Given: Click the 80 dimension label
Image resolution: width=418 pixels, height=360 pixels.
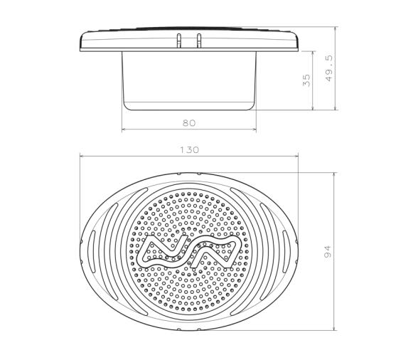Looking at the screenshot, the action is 189,123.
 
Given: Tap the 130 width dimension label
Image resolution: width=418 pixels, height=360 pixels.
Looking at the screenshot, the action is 190,150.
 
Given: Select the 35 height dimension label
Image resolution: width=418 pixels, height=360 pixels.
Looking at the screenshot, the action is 306,80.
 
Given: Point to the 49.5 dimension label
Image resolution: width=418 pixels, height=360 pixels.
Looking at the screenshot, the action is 330,68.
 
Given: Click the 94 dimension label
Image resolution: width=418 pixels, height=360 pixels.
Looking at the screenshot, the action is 328,251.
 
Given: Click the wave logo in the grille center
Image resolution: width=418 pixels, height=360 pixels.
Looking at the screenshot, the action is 189,252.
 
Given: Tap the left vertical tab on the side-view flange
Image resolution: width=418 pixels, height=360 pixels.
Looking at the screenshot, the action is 179,41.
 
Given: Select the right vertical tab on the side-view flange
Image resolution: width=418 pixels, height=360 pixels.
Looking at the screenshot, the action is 198,41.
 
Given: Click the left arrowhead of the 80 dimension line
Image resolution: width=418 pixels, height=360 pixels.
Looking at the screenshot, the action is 124,129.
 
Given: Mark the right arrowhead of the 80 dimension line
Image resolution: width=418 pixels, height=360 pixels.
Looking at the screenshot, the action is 254,129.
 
